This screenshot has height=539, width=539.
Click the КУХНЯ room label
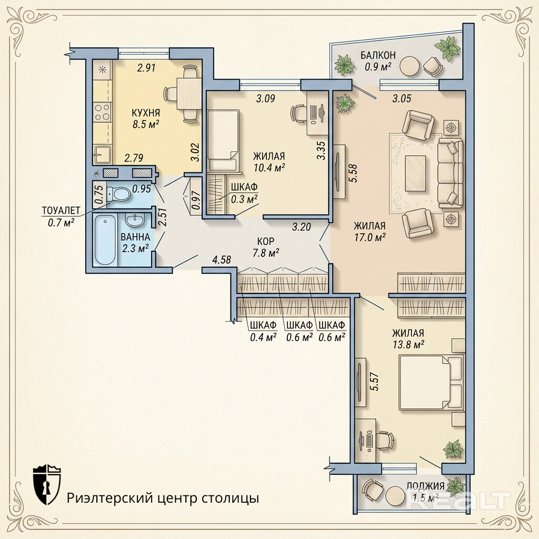coord(146,113)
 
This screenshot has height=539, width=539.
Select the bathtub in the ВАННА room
coord(105,239)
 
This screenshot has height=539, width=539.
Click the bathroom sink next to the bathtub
coord(135,221)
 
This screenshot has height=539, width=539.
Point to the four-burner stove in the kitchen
coord(103,112)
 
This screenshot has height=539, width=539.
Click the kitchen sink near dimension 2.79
coord(103,154)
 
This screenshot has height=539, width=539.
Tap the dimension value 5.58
coord(354,174)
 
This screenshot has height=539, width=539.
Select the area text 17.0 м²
coord(370,237)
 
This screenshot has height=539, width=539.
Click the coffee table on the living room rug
coord(416,173)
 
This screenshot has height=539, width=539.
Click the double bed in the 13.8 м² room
coord(431,383)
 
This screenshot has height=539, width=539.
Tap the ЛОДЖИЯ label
coord(425,486)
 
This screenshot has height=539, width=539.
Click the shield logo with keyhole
coord(47,484)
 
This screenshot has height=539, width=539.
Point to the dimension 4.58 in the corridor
coord(222,260)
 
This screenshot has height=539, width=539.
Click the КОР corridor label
coord(266,241)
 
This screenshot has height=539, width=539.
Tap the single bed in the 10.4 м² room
coord(223,140)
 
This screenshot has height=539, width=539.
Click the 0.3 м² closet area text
coord(244,199)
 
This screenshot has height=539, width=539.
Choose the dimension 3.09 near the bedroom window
coord(266,98)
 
